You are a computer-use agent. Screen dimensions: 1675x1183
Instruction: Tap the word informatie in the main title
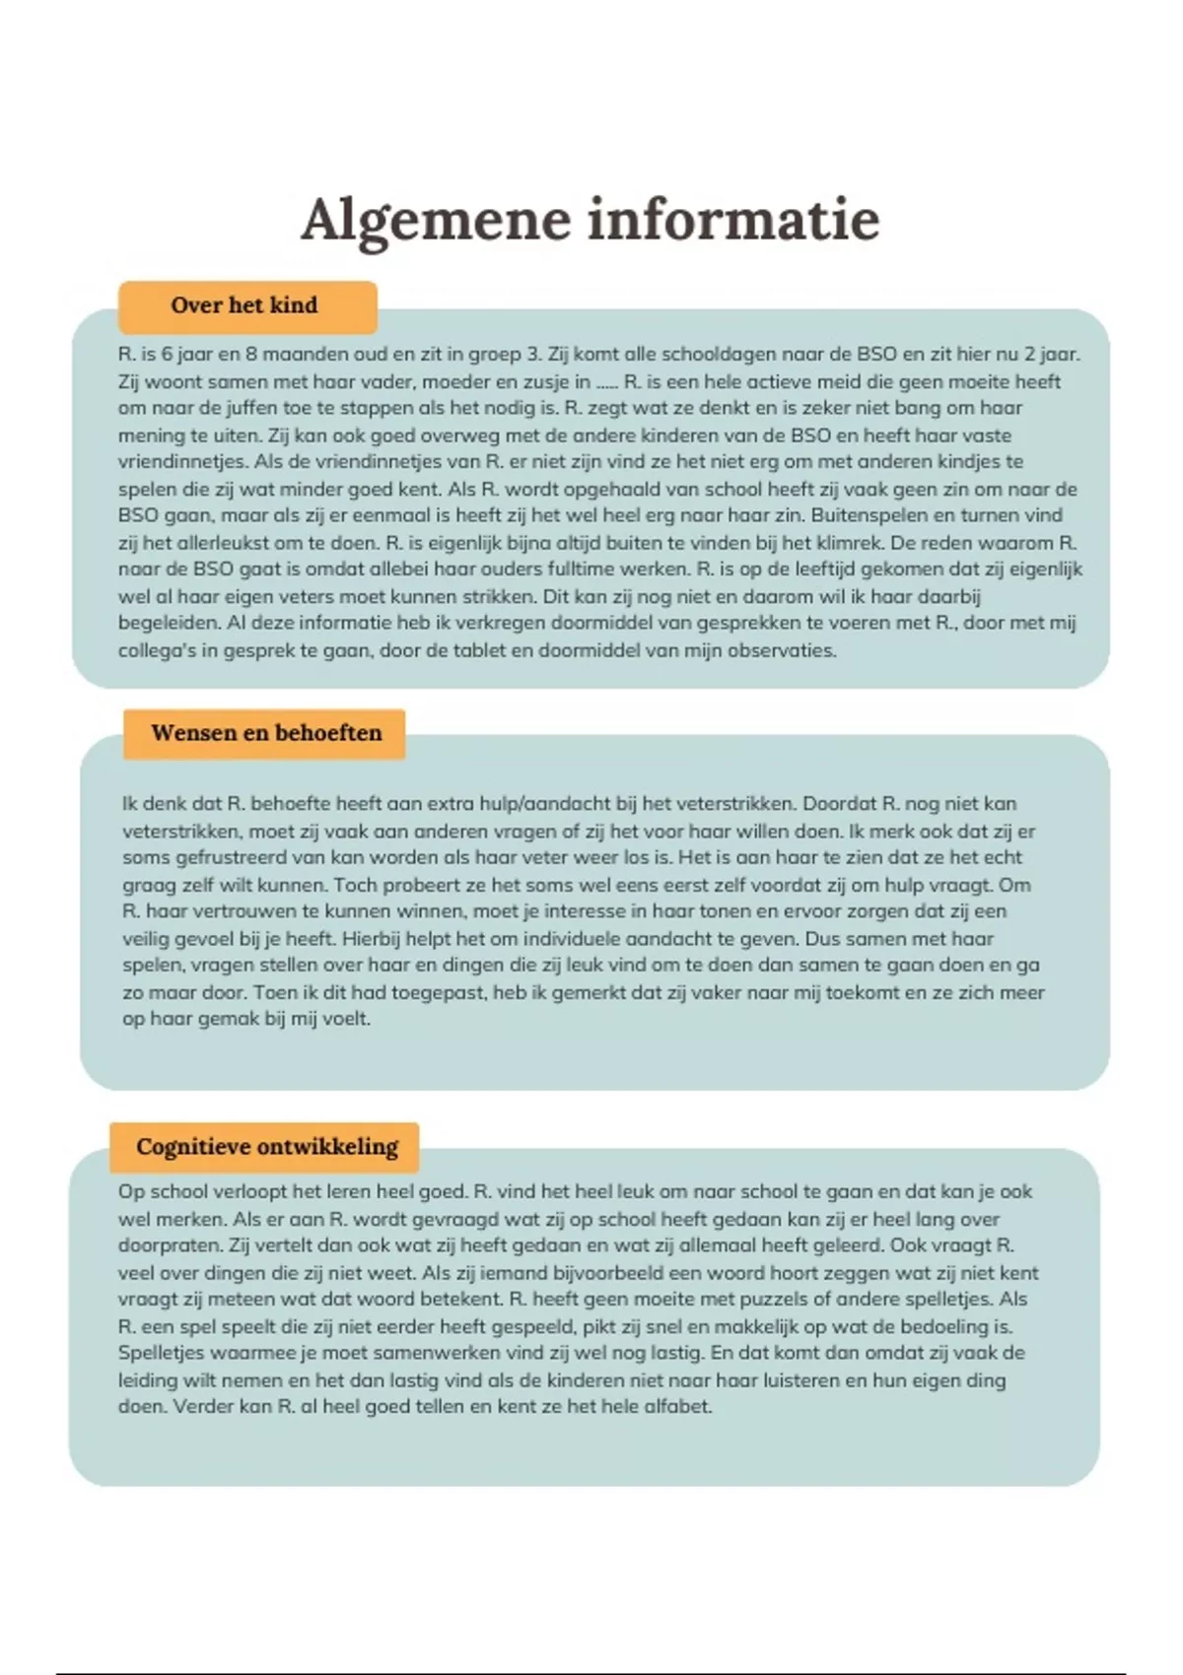(x=733, y=219)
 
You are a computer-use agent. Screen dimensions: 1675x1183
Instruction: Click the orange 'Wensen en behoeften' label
(x=266, y=733)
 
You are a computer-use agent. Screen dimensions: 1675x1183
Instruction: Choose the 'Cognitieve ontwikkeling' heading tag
(x=267, y=1147)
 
